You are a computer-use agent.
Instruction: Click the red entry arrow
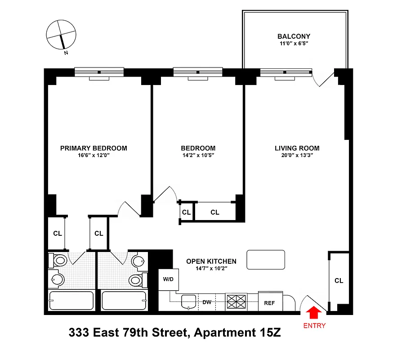[313, 312]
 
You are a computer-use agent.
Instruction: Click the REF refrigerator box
[269, 302]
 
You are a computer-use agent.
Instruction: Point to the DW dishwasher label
[207, 302]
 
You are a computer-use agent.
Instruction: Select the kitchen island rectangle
[266, 260]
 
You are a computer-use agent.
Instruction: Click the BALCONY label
[294, 36]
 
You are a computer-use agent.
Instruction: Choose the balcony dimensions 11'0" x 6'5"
[294, 44]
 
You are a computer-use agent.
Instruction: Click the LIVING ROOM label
[297, 148]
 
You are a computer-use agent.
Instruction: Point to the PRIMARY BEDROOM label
[94, 148]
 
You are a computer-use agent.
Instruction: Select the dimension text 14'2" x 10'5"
[198, 156]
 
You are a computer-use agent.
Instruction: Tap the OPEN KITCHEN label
[211, 261]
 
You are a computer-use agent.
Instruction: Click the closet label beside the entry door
[339, 280]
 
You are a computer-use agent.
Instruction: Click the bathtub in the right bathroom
[124, 300]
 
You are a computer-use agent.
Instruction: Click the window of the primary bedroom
[99, 72]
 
